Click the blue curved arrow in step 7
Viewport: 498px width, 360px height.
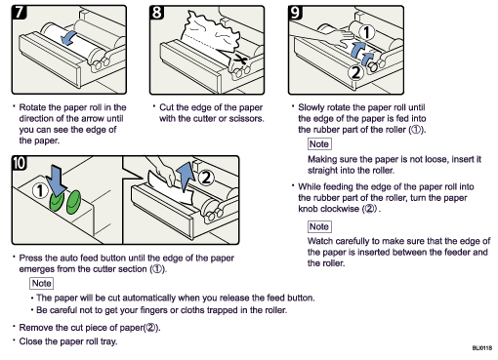68,38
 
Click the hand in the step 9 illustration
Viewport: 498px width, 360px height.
327,38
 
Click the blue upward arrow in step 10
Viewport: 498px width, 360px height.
185,177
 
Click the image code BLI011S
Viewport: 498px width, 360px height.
480,348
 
